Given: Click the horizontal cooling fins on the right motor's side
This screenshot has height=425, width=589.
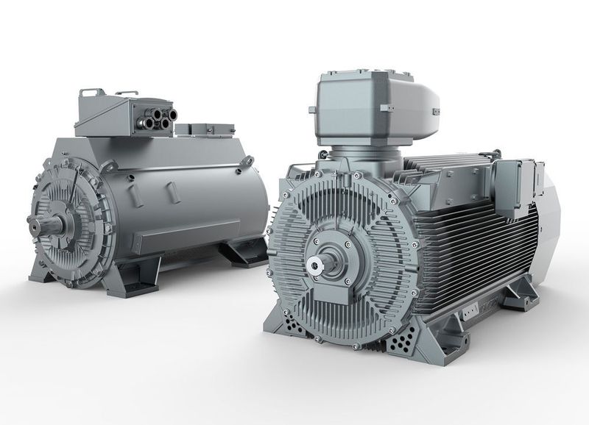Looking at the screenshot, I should click(471, 243).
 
